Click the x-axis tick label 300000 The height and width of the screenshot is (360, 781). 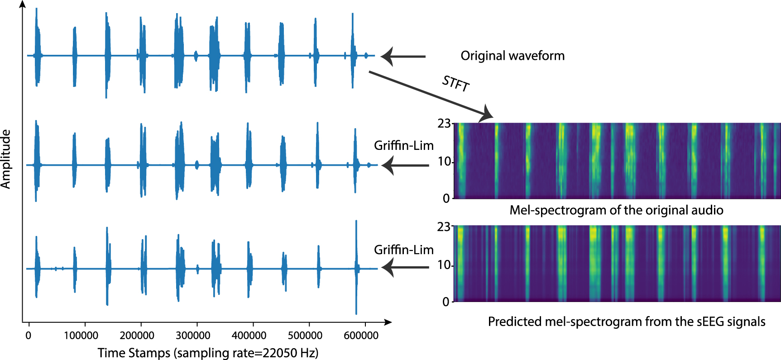point(192,336)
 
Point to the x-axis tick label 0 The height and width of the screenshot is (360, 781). point(28,336)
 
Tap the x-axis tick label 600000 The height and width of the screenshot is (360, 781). point(361,336)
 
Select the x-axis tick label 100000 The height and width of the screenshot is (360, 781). point(81,336)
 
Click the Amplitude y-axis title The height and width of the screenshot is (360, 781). point(6,159)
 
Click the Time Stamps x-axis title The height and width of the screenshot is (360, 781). point(208,353)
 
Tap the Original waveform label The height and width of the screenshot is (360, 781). point(513,56)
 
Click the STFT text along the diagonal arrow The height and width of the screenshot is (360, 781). point(455,84)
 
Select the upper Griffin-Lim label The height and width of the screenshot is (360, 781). point(403,145)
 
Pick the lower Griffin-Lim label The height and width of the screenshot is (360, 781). point(403,250)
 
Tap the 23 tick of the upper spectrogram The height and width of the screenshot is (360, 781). point(444,123)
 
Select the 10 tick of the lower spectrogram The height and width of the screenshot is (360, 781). point(444,264)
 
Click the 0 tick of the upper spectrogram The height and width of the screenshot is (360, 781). point(446,198)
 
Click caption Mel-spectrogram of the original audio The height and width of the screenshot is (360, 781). point(616,210)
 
